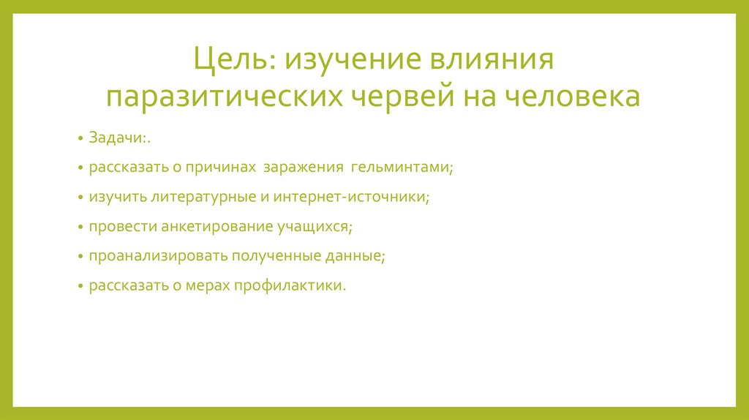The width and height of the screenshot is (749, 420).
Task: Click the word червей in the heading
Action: (x=406, y=97)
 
